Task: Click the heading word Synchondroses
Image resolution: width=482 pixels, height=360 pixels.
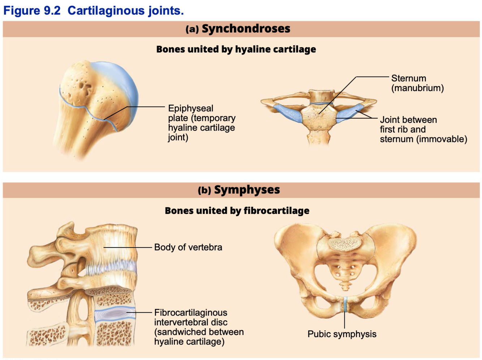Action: point(246,29)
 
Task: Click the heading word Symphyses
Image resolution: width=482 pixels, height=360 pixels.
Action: point(247,190)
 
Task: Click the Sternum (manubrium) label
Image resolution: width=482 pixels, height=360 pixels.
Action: point(417,83)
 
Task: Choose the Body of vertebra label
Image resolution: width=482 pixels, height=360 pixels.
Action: point(188,247)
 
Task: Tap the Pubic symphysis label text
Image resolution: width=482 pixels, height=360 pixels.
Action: point(342,334)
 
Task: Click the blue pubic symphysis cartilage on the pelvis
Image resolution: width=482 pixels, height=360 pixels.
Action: point(345,304)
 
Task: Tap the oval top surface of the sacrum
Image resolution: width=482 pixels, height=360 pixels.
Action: point(344,244)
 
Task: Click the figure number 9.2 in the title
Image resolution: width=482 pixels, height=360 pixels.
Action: point(52,10)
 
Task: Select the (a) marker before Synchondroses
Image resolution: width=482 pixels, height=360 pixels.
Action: point(192,29)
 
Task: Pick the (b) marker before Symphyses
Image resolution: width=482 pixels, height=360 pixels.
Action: point(205,190)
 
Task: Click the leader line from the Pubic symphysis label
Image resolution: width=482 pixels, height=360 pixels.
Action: point(345,320)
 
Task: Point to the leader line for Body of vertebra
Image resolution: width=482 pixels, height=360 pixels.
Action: point(128,247)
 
